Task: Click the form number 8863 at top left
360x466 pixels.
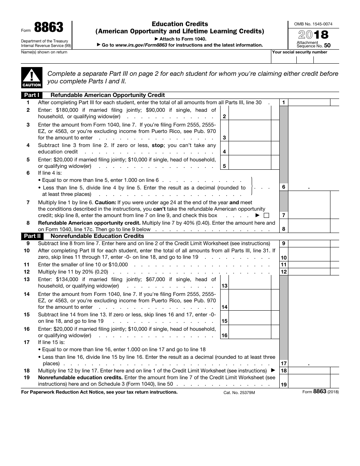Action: [49, 28]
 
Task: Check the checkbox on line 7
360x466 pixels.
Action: [266, 216]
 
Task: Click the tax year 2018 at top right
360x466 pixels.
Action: [313, 34]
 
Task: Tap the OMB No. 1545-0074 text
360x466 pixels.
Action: [313, 24]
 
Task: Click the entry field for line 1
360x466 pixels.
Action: [309, 102]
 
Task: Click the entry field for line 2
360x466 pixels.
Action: [250, 113]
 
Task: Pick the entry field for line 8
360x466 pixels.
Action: [309, 226]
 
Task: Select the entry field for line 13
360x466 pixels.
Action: [250, 283]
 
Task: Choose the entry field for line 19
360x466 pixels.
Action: [309, 381]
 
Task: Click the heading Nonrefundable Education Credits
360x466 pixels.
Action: [97, 236]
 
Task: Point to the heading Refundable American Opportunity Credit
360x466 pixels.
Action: [108, 95]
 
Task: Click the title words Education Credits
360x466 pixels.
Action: [180, 24]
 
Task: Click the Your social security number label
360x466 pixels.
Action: [300, 52]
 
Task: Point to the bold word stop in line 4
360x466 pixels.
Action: [158, 145]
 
